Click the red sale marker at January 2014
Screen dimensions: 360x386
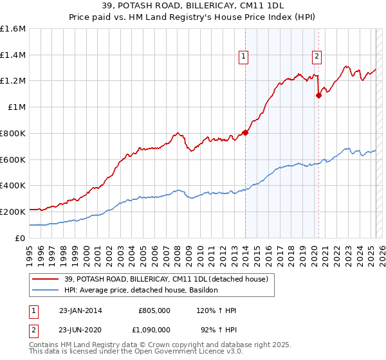245,133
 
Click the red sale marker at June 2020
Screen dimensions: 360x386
318,96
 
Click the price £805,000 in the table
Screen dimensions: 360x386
154,310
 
